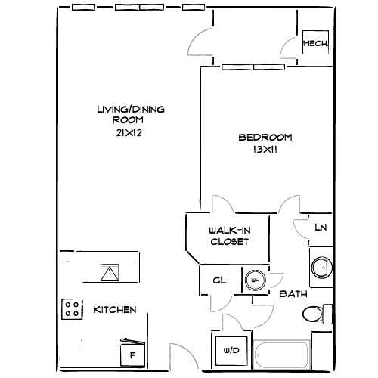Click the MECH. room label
click(315, 45)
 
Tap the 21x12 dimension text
click(130, 133)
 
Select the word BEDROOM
click(265, 137)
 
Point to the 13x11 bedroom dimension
click(265, 150)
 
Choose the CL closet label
click(219, 280)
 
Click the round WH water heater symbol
click(255, 280)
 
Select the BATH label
click(292, 293)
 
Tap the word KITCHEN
click(114, 310)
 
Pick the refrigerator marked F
click(132, 354)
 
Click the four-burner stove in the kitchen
click(72, 308)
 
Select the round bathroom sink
click(321, 267)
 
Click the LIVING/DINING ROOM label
click(130, 114)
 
